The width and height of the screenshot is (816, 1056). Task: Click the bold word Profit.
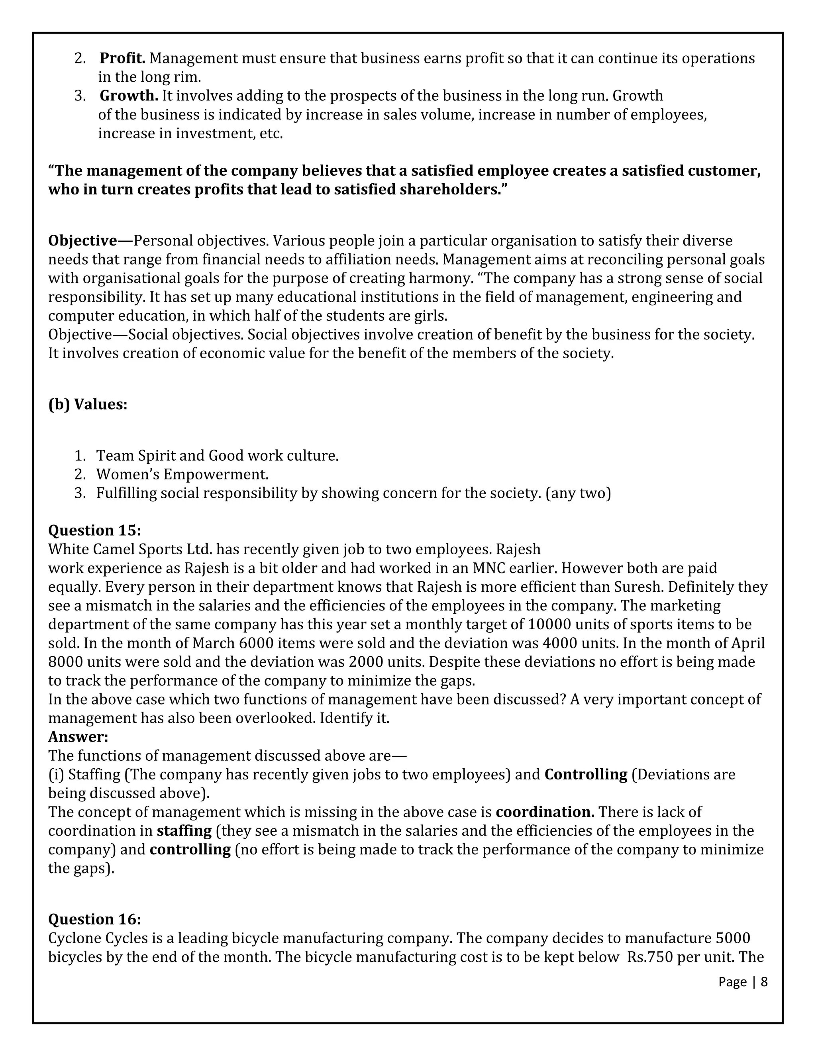tap(122, 59)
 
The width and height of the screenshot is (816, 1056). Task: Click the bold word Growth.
tap(129, 96)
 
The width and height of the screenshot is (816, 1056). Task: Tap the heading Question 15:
tap(94, 530)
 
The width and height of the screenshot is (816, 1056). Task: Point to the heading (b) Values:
tap(88, 404)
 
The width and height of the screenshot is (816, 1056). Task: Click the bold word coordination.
tap(545, 812)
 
